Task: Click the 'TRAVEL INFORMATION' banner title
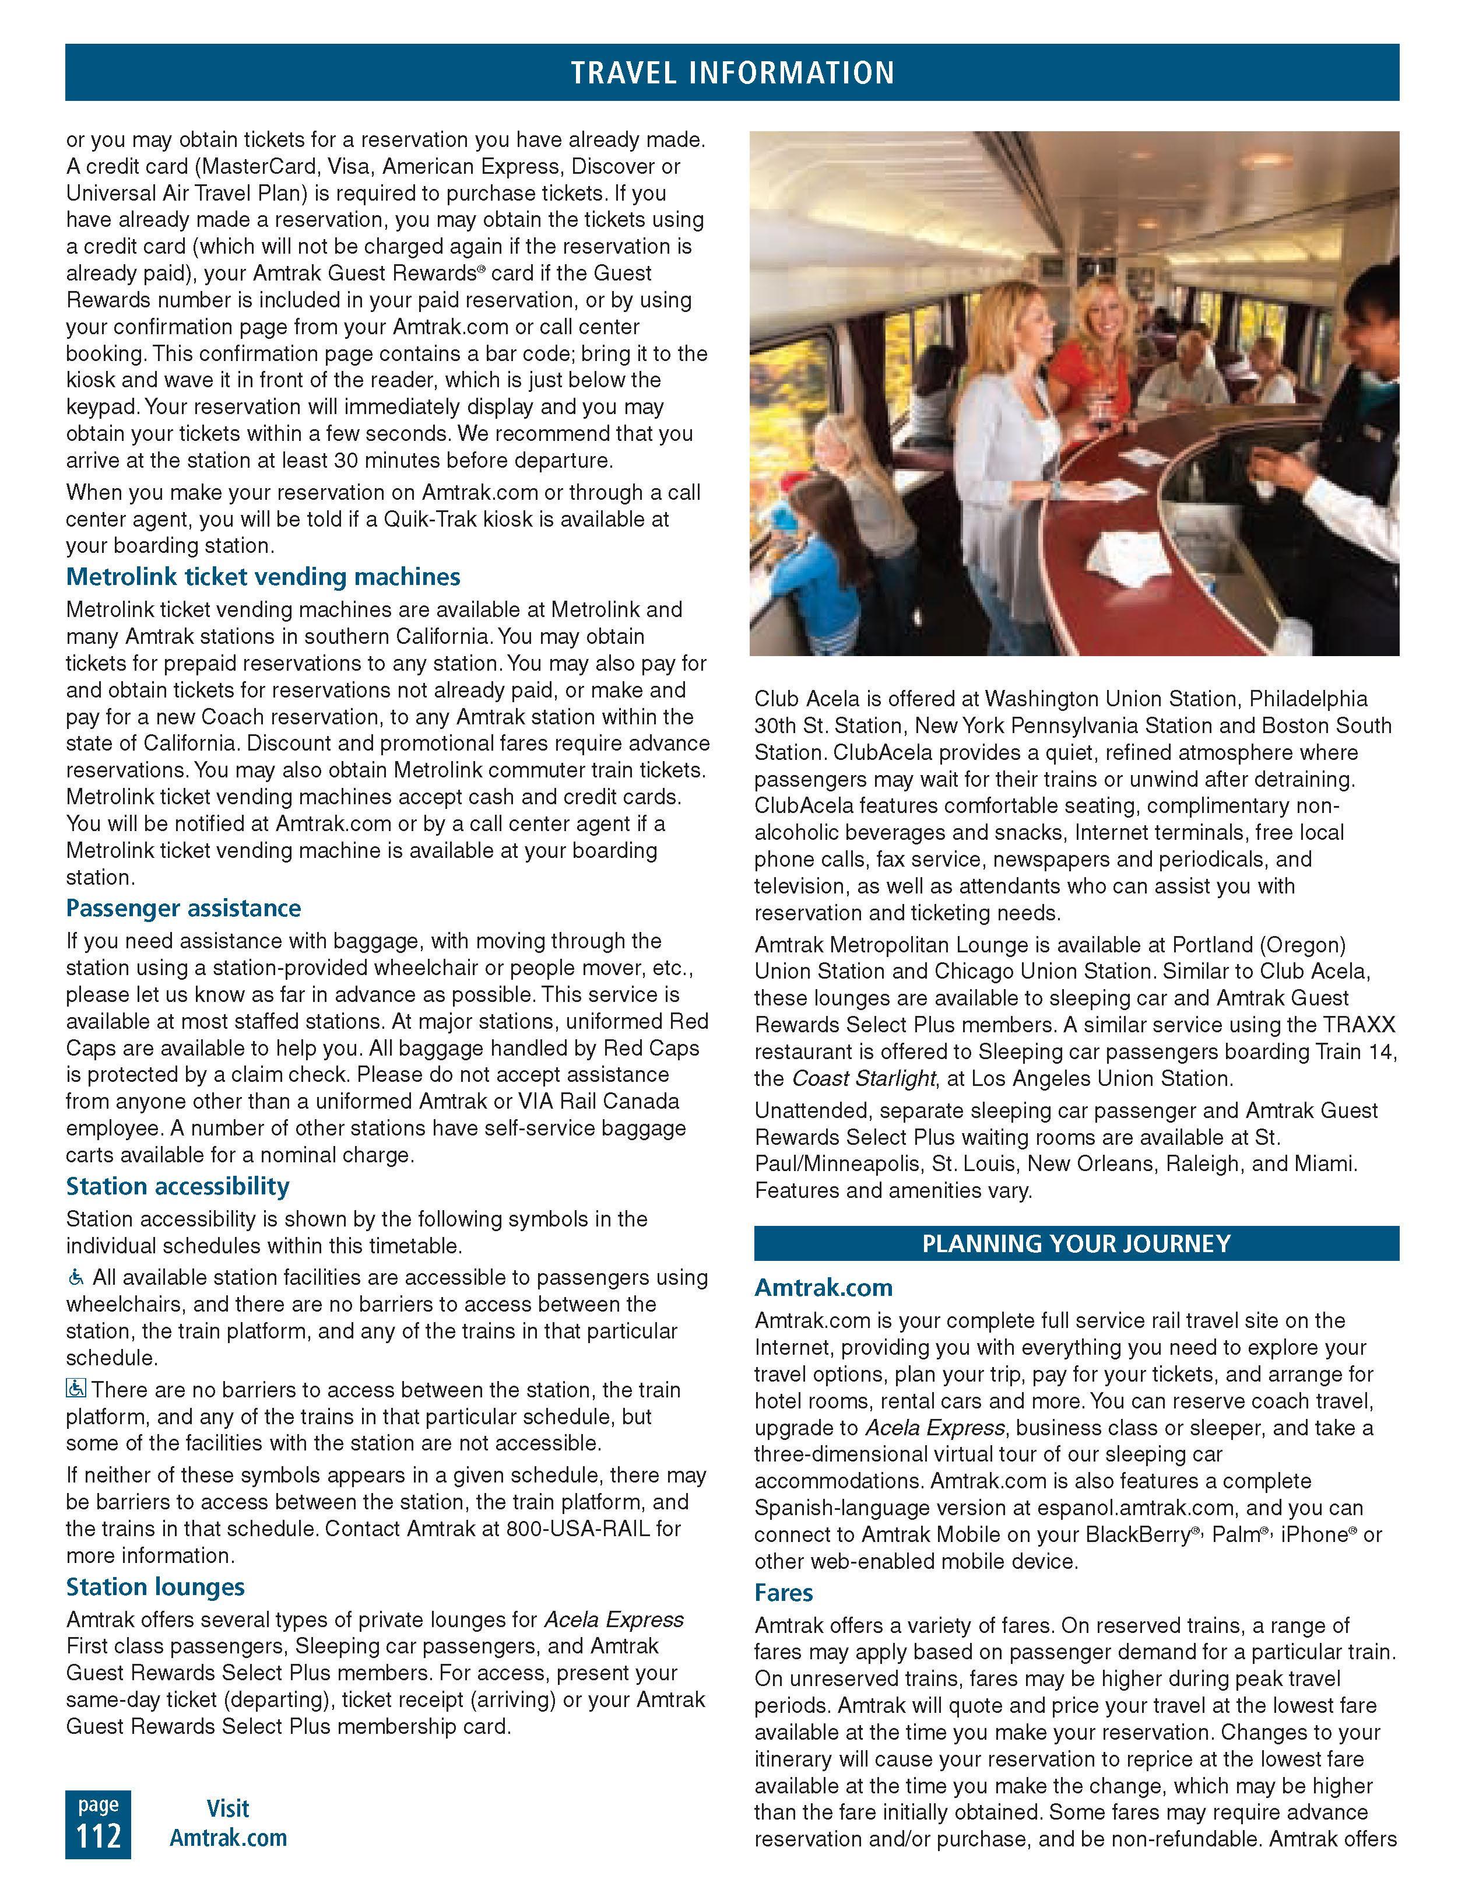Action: [x=732, y=72]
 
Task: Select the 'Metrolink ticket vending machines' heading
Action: [x=263, y=577]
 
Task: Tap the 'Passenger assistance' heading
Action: [x=184, y=908]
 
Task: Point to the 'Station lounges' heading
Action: [x=155, y=1587]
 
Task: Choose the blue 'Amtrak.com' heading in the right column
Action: [x=823, y=1287]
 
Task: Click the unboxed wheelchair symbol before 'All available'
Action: [x=76, y=1277]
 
